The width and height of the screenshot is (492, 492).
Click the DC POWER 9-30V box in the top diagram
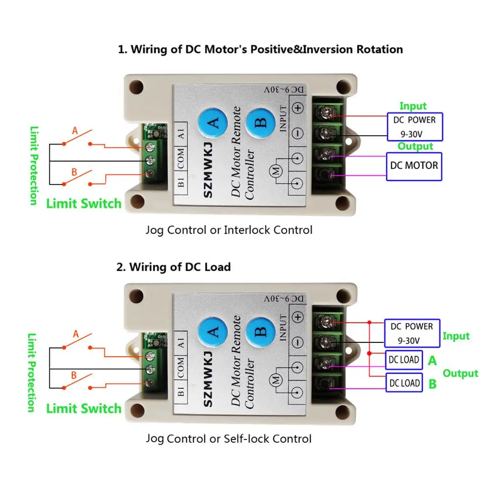point(414,126)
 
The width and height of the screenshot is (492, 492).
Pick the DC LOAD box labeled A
point(404,360)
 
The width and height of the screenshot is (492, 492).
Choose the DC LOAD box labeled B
point(404,383)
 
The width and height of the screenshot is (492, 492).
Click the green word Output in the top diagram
point(415,146)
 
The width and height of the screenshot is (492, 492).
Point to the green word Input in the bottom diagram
point(456,336)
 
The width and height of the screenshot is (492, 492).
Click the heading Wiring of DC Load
point(174,267)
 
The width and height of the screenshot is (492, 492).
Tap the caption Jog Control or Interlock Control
point(229,230)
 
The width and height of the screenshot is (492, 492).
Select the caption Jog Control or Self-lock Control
point(229,438)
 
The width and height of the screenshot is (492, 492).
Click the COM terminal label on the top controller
point(181,159)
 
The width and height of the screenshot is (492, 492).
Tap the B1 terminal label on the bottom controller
point(181,392)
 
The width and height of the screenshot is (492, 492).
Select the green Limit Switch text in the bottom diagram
point(84,408)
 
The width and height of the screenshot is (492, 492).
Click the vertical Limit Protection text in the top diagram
point(33,166)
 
